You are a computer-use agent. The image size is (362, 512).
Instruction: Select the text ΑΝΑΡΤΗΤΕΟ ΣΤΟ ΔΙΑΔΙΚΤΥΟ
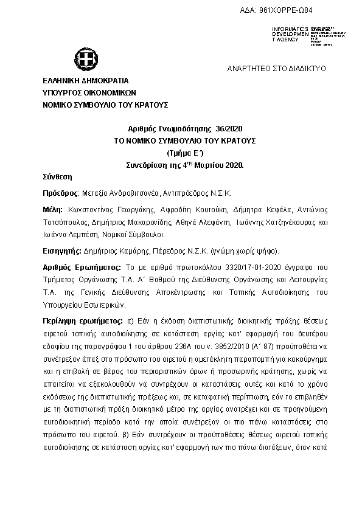[277, 69]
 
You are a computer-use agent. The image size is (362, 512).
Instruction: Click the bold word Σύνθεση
[58, 177]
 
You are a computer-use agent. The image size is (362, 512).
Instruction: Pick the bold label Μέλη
[52, 209]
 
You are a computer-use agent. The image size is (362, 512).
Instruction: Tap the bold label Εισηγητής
[63, 250]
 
